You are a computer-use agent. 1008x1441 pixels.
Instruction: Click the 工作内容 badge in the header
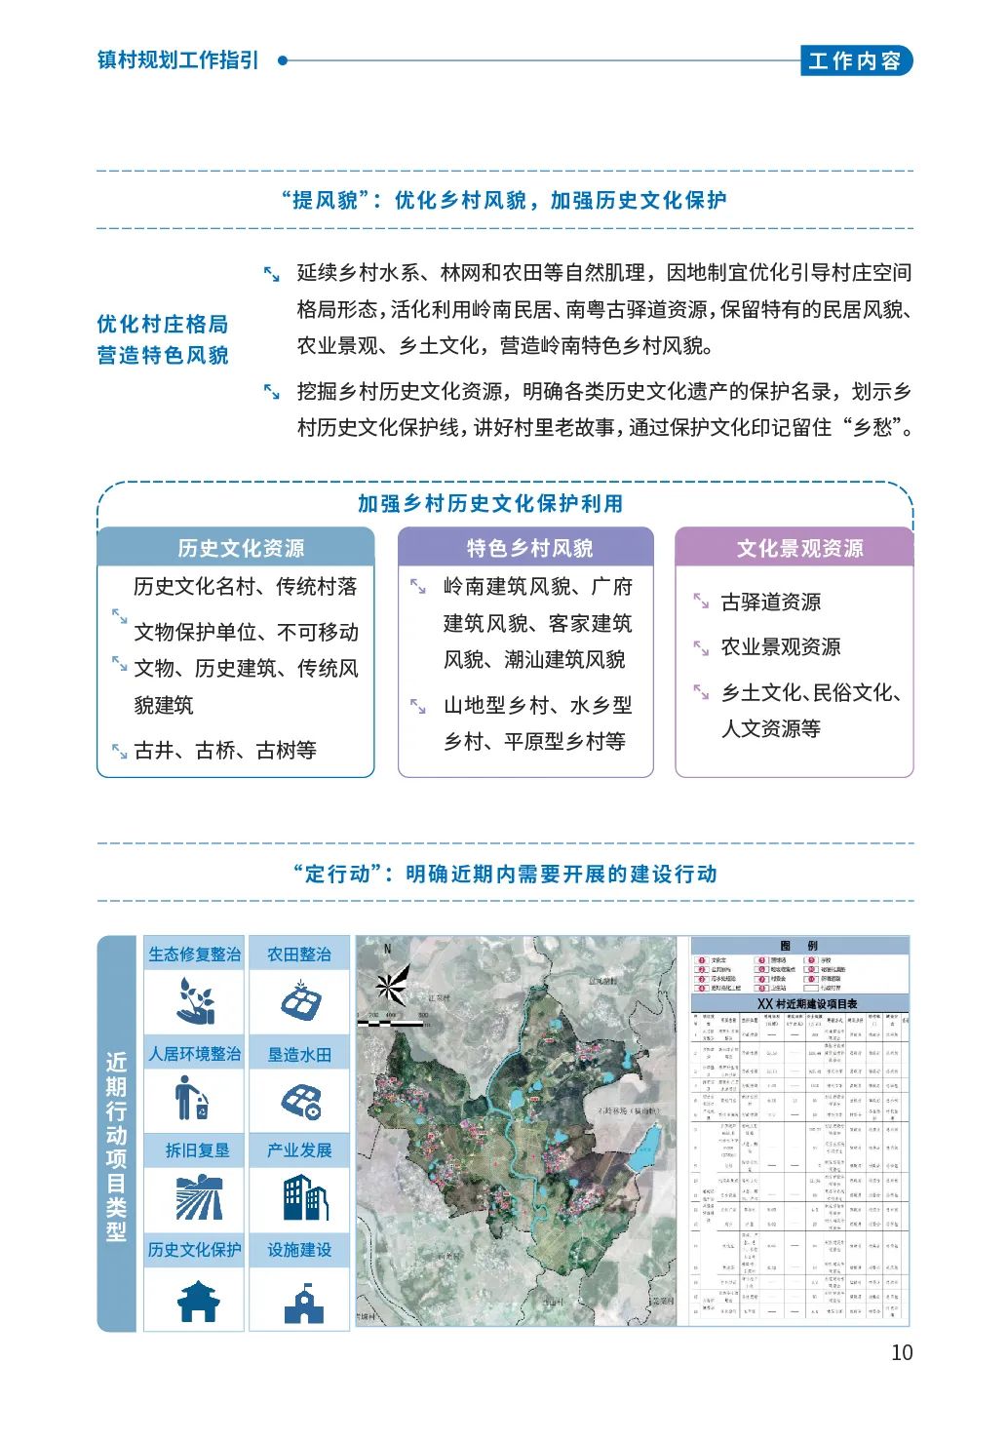(855, 60)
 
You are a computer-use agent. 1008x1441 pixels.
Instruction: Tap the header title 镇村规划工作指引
(178, 59)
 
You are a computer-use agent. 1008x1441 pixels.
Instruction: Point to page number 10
(902, 1352)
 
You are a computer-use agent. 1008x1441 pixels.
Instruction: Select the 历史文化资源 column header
(240, 548)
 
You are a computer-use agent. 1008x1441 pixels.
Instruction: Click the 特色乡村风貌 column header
(528, 548)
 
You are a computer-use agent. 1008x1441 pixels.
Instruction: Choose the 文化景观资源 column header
(799, 548)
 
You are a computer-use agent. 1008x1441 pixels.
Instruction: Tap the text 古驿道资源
(770, 603)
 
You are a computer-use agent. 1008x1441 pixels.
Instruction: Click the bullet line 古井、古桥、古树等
(225, 750)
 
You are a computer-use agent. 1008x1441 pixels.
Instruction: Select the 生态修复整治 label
(194, 954)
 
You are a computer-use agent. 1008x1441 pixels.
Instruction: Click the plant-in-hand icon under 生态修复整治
(195, 1000)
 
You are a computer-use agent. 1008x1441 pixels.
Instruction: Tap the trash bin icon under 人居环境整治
(193, 1099)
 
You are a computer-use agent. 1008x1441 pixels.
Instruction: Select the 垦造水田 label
(299, 1055)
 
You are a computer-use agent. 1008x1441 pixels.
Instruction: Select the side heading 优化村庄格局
(162, 324)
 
